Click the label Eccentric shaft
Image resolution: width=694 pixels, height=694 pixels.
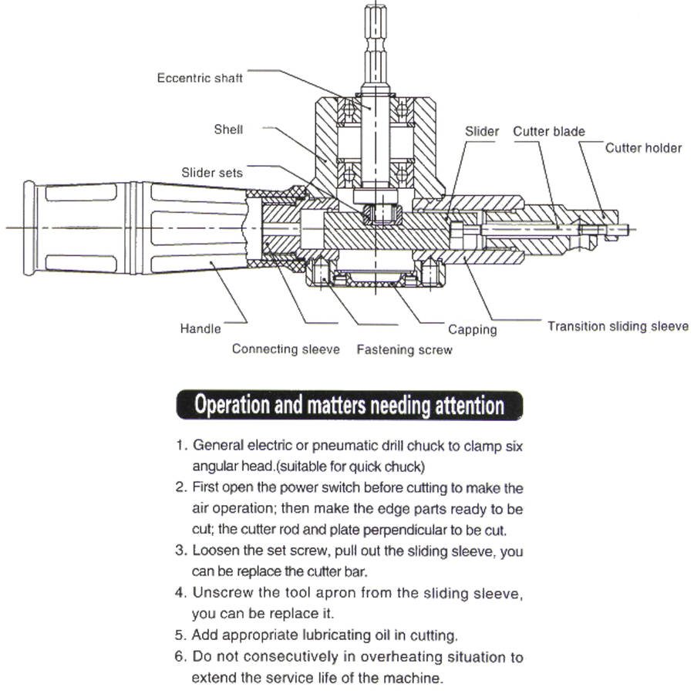tap(200, 78)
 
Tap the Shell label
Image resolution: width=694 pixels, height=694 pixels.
tap(228, 130)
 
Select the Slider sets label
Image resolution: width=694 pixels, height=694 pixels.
tap(212, 173)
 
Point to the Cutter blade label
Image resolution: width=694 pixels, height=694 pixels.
tap(549, 132)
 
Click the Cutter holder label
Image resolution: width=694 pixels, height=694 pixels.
tap(643, 147)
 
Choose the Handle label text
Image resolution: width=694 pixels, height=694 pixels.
tap(200, 328)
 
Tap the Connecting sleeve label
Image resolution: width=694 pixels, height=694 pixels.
tap(285, 349)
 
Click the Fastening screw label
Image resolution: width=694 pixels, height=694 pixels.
tap(404, 350)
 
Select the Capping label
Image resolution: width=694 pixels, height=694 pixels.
tap(472, 330)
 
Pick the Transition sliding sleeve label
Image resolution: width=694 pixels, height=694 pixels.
tap(618, 326)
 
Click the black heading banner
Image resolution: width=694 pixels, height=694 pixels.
tap(349, 405)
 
